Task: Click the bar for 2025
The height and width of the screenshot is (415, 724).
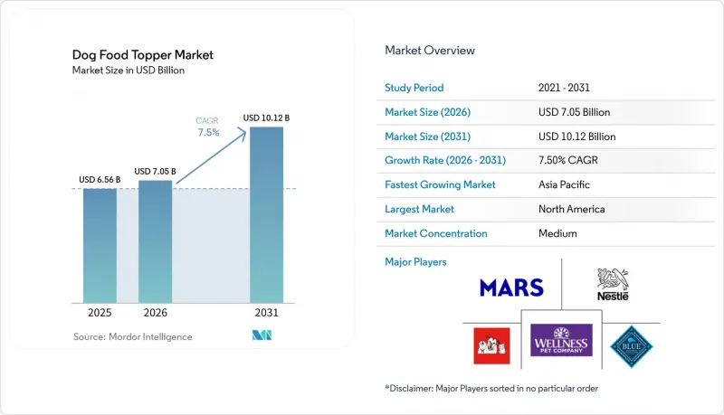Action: click(100, 246)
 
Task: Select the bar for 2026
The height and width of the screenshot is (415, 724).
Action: click(155, 241)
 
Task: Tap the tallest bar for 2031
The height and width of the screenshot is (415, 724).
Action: click(266, 215)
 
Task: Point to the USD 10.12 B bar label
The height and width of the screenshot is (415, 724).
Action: click(266, 118)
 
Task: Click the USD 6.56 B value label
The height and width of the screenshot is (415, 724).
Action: click(100, 180)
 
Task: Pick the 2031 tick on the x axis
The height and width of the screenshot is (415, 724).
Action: click(266, 313)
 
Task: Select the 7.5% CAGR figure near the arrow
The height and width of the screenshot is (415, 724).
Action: click(208, 132)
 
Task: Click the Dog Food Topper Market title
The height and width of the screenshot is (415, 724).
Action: click(143, 55)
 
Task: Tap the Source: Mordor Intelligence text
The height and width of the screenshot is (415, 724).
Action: click(132, 336)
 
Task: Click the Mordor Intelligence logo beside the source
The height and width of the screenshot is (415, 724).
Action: click(262, 335)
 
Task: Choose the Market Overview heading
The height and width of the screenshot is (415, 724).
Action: click(429, 51)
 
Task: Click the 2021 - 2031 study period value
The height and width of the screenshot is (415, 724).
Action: click(564, 88)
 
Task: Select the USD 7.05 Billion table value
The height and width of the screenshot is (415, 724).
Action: click(574, 112)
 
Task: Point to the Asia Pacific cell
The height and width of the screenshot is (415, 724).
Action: click(564, 184)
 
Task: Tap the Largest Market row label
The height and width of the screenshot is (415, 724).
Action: click(419, 209)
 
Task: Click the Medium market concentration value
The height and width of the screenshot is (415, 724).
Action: click(557, 233)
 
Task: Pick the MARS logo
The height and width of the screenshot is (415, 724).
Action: click(511, 288)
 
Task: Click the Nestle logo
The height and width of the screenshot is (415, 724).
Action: click(613, 285)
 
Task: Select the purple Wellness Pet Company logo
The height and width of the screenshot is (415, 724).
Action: click(561, 340)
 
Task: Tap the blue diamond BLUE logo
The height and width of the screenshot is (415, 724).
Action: click(631, 346)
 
